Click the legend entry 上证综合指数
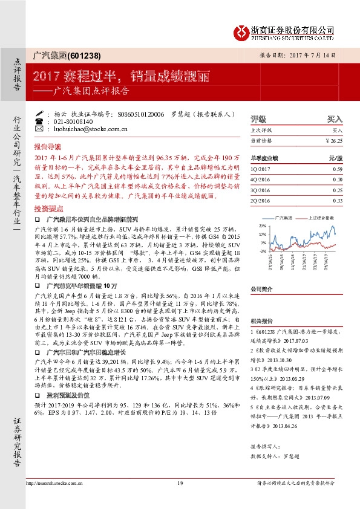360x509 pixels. point(324,216)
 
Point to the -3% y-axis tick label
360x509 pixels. point(262,250)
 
